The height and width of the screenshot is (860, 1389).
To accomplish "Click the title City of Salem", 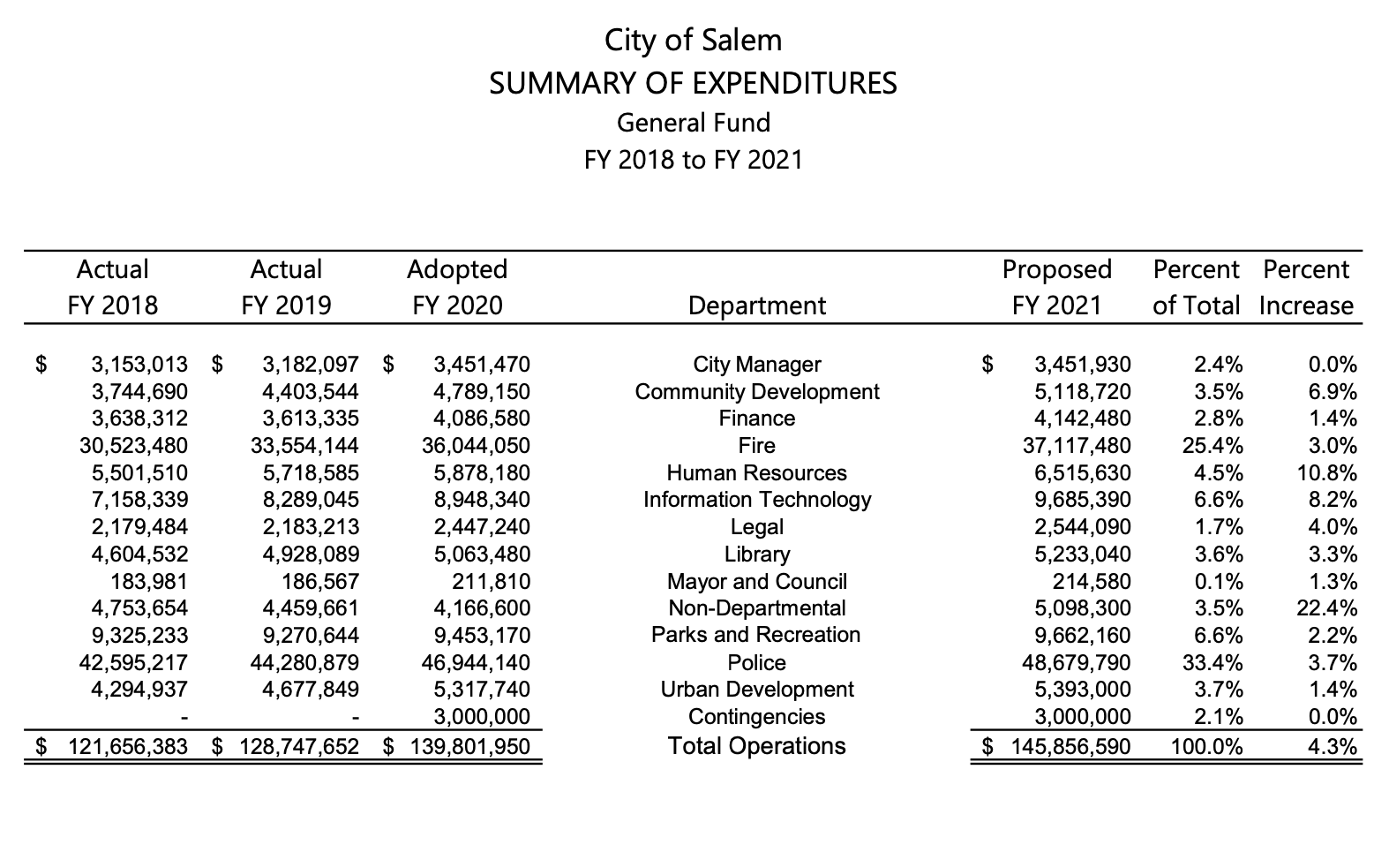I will pyautogui.click(x=693, y=41).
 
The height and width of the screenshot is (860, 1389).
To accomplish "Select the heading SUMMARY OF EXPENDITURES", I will pyautogui.click(x=693, y=83).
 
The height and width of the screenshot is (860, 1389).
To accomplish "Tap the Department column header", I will pyautogui.click(x=756, y=306).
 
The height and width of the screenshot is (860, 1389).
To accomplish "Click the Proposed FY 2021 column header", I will pyautogui.click(x=1056, y=287).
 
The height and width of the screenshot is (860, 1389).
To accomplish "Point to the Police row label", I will pyautogui.click(x=756, y=662).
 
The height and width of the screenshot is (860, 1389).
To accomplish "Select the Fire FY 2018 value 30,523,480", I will pyautogui.click(x=139, y=446).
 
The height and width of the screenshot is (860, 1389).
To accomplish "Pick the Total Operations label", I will pyautogui.click(x=756, y=746).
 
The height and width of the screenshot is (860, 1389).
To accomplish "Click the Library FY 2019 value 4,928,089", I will pyautogui.click(x=311, y=554).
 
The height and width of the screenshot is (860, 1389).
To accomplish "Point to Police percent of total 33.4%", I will pyautogui.click(x=1213, y=662).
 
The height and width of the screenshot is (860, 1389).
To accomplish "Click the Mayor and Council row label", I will pyautogui.click(x=756, y=582).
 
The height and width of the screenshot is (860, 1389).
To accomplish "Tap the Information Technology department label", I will pyautogui.click(x=756, y=500).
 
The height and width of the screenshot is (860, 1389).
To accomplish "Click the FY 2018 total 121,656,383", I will pyautogui.click(x=129, y=747).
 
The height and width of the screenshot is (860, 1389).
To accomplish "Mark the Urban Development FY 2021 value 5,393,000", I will pyautogui.click(x=1082, y=690).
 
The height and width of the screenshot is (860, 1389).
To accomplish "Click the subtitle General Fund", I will pyautogui.click(x=693, y=123).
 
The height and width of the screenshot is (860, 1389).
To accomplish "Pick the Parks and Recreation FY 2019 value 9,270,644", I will pyautogui.click(x=311, y=636).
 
